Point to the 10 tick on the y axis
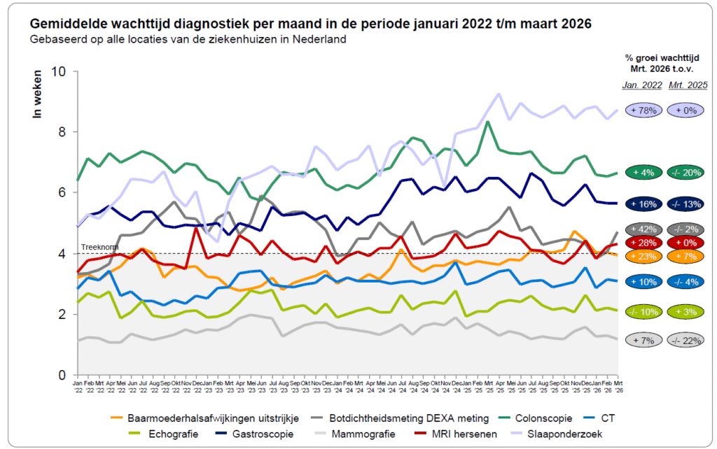60,71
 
